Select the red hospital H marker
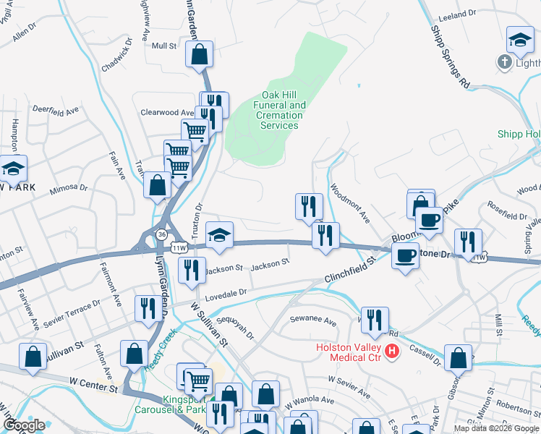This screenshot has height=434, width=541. pos(392,352)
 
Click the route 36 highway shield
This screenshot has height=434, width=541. pos(161,233)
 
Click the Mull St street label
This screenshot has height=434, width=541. pos(164,46)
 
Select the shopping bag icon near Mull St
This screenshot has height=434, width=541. pos(199,54)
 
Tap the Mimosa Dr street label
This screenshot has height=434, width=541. pos(68,190)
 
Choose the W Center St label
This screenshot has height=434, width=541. pos(93,389)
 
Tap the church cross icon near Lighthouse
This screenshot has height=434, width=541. pos(506,62)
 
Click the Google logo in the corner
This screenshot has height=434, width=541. pos(24,425)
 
